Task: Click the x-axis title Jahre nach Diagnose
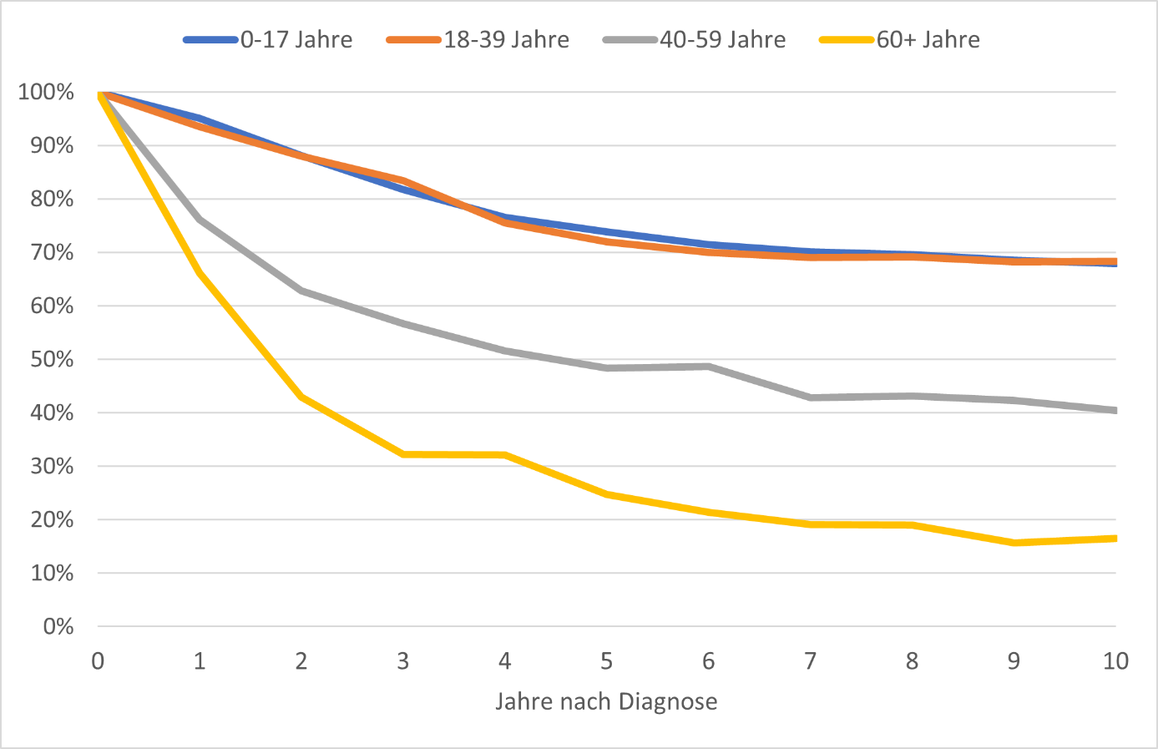point(606,701)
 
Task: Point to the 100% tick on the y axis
point(46,92)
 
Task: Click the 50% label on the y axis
point(51,359)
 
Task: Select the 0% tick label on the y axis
point(58,626)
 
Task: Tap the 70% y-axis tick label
point(51,252)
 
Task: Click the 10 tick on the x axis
point(1115,661)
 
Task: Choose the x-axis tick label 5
point(606,661)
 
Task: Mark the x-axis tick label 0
point(98,661)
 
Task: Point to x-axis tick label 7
point(810,661)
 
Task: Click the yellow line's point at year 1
point(200,273)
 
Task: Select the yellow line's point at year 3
point(403,454)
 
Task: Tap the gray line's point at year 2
point(301,291)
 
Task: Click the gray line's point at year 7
point(810,397)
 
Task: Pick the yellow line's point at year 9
point(1014,543)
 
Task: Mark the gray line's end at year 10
point(1115,410)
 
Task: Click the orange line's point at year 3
point(403,180)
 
